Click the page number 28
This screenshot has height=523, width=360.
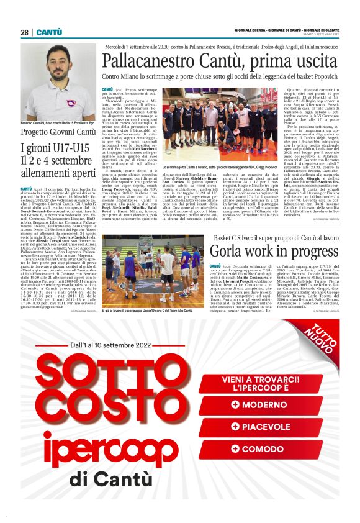pyautogui.click(x=24, y=32)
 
